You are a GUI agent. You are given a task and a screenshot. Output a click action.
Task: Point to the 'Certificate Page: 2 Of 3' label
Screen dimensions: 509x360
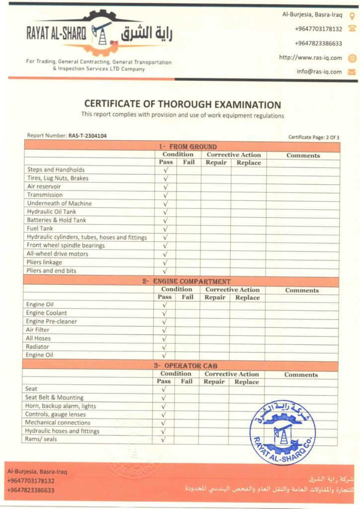click(x=313, y=137)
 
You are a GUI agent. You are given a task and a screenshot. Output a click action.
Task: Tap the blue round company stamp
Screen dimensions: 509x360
click(x=282, y=432)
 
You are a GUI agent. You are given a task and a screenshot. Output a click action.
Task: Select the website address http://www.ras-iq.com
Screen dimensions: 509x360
click(x=310, y=58)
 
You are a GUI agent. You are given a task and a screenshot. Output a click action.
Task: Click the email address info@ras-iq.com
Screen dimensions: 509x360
click(x=319, y=72)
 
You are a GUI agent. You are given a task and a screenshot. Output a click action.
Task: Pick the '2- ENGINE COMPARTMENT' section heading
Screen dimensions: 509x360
click(x=186, y=281)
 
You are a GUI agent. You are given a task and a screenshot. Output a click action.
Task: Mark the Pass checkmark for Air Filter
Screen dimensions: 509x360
click(x=165, y=330)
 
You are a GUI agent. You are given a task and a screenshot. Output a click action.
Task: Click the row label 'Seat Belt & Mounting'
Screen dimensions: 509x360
click(x=54, y=398)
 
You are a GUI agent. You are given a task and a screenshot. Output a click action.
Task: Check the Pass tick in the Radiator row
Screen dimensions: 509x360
click(x=165, y=347)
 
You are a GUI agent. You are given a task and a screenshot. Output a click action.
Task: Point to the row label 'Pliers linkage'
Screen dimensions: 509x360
click(x=45, y=262)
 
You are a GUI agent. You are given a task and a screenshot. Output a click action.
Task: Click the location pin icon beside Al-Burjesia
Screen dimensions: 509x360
click(x=352, y=15)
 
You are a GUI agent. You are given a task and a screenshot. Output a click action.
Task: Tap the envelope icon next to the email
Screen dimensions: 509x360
click(x=352, y=72)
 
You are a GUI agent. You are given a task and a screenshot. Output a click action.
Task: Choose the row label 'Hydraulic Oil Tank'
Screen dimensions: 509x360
click(x=52, y=212)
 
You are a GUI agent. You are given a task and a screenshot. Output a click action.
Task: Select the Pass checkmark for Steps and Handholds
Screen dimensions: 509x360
click(x=166, y=170)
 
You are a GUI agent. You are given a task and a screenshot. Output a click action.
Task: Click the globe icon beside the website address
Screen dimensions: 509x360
click(x=352, y=58)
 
